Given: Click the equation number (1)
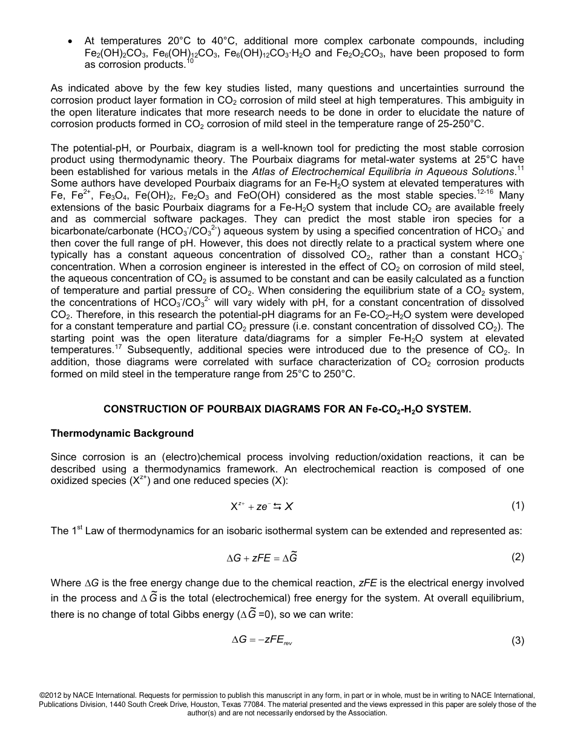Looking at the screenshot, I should (517, 506).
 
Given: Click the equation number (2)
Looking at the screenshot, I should (517, 557).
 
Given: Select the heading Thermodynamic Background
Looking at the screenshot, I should (122, 433).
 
